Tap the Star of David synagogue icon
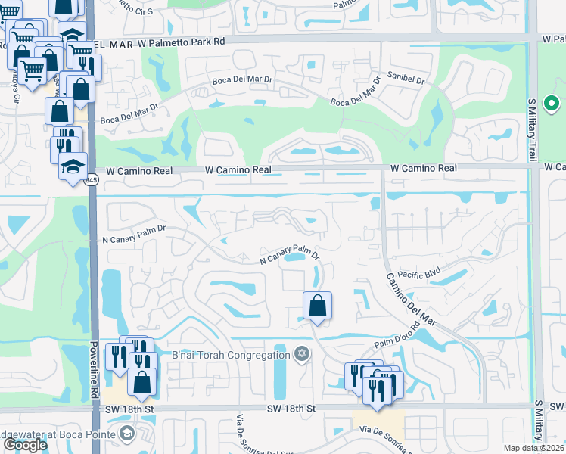pyautogui.click(x=301, y=354)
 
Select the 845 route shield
pyautogui.click(x=92, y=180)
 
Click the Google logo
pyautogui.click(x=24, y=445)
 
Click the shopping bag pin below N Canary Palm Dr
pyautogui.click(x=318, y=306)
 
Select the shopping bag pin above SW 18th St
pyautogui.click(x=142, y=381)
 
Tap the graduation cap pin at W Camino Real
pyautogui.click(x=73, y=166)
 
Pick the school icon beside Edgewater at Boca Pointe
pyautogui.click(x=126, y=434)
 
